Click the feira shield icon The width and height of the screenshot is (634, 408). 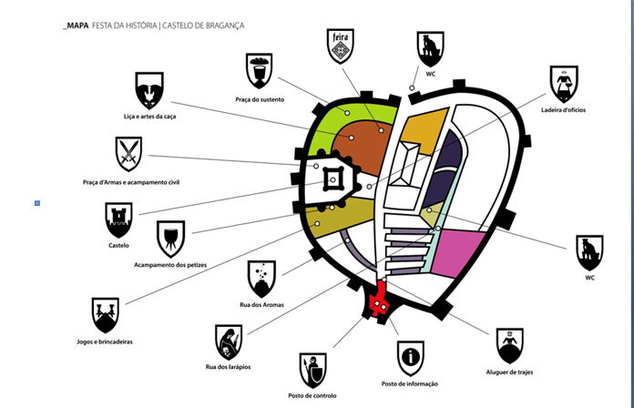point(339,46)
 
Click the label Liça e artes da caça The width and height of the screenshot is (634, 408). point(149,117)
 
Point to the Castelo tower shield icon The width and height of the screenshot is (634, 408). point(119,219)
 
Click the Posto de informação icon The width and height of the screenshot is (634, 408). point(410,356)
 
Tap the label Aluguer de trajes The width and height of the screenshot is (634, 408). point(510,372)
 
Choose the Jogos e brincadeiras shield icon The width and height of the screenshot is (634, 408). point(106,314)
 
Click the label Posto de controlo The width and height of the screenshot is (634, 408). point(312,396)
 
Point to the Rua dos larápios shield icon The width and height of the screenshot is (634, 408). point(229,342)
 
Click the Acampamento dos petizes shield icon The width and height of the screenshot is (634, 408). point(169,238)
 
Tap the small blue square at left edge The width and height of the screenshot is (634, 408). point(37,203)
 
